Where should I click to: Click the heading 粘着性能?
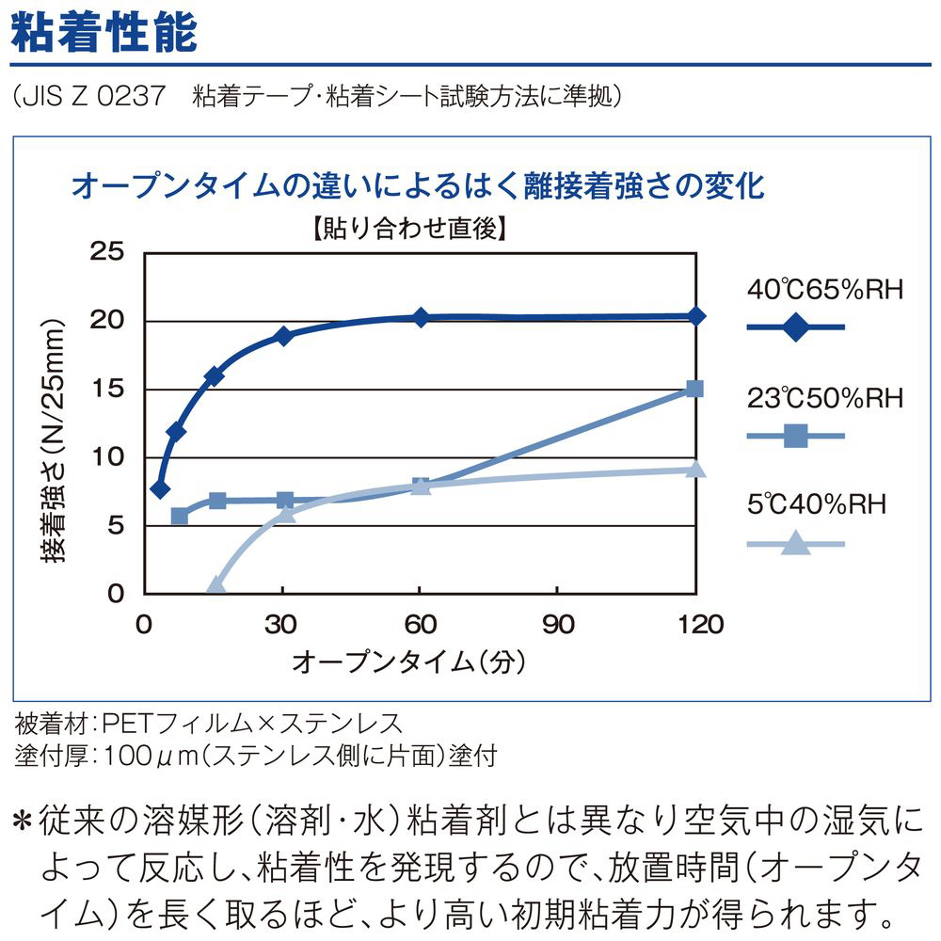click(103, 30)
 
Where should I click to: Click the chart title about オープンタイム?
click(417, 184)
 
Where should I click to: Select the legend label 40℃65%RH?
click(825, 289)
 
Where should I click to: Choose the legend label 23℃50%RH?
click(825, 397)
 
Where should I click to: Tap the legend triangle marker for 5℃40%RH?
click(795, 542)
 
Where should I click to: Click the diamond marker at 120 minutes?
click(695, 316)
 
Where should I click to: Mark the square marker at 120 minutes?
click(695, 389)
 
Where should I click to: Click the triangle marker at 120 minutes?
click(695, 469)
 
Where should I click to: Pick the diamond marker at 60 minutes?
click(421, 317)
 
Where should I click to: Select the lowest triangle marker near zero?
click(215, 585)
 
